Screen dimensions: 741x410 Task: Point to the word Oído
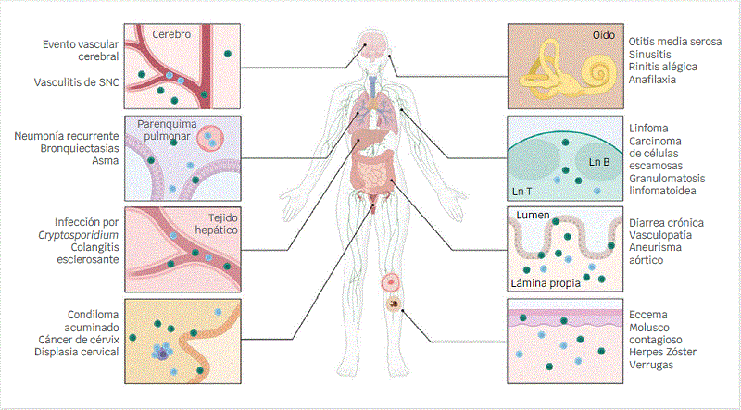603,34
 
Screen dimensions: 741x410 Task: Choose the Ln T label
523,192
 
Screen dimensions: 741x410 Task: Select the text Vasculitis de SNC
78,81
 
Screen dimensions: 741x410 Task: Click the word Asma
107,161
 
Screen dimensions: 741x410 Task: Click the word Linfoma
648,128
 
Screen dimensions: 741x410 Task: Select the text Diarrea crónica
666,223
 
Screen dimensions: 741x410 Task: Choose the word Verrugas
652,365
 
